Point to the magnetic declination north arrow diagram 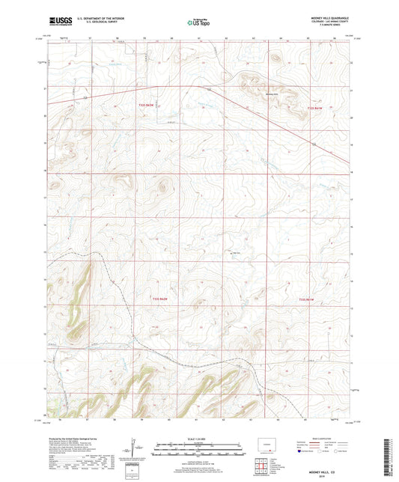pos(135,449)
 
